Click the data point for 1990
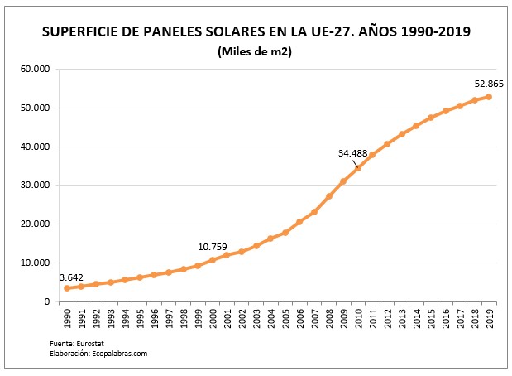pos(66,287)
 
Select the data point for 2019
pos(489,97)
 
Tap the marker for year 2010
pos(358,168)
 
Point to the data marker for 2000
pos(212,260)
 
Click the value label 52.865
pos(488,84)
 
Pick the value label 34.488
pos(352,153)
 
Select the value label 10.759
pos(213,247)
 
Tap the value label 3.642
pos(72,277)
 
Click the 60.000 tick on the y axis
pos(35,69)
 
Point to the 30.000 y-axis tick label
pos(35,186)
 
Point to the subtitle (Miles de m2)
pos(256,51)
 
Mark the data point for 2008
pos(328,196)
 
